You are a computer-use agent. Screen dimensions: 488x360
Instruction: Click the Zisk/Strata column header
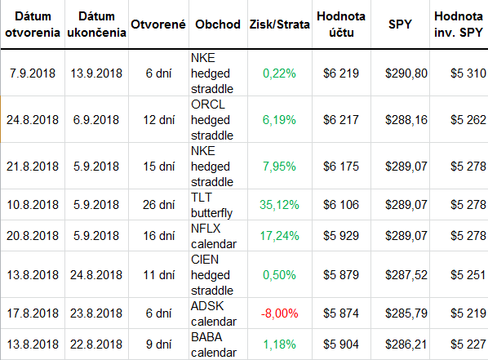point(279,24)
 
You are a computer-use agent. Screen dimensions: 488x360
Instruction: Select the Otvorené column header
point(158,24)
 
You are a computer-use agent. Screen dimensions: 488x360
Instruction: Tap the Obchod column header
point(218,24)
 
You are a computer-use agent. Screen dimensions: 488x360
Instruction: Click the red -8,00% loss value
point(279,313)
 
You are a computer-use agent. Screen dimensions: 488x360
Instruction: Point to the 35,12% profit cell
point(279,205)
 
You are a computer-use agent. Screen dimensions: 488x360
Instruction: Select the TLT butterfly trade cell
point(211,205)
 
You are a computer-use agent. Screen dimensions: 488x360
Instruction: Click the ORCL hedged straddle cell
point(212,120)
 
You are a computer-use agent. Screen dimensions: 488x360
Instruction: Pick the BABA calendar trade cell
point(214,344)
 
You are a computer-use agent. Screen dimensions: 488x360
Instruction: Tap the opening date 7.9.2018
point(33,73)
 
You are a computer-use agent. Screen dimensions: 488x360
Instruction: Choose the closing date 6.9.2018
point(96,120)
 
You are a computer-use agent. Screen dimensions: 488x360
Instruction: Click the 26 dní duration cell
point(159,205)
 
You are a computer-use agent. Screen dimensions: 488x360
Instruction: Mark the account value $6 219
point(341,73)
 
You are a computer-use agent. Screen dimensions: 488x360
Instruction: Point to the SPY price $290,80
point(406,73)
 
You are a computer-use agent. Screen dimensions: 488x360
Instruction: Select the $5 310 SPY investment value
point(468,73)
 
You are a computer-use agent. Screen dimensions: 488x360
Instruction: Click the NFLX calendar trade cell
point(214,236)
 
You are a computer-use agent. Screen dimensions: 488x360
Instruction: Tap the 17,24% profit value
point(279,236)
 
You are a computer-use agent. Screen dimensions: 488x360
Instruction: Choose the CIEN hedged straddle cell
point(212,275)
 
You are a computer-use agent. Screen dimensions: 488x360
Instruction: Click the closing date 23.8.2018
point(96,313)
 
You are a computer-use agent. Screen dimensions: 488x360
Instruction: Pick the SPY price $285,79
point(406,313)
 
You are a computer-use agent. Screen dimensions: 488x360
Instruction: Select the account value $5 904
point(341,344)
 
